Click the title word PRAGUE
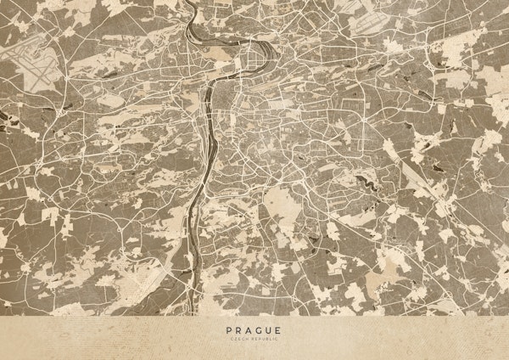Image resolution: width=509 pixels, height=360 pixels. tap(255, 331)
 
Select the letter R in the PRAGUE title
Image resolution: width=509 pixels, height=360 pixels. tap(240, 331)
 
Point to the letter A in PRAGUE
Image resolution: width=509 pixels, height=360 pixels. tap(249, 331)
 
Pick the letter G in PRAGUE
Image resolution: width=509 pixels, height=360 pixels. tap(260, 331)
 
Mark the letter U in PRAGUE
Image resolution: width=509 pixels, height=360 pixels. tap(270, 331)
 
